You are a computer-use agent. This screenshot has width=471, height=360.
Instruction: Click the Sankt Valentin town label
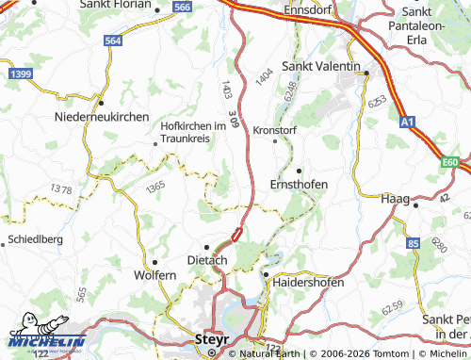pyautogui.click(x=321, y=67)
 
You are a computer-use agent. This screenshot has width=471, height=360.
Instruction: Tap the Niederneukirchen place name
pyautogui.click(x=103, y=115)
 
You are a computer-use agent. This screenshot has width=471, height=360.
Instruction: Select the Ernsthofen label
pyautogui.click(x=299, y=184)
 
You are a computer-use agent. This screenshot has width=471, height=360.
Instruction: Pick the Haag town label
pyautogui.click(x=394, y=200)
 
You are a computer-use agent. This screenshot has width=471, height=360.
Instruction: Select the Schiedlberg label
pyautogui.click(x=35, y=239)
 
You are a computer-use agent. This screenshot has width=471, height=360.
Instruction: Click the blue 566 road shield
pyautogui.click(x=183, y=7)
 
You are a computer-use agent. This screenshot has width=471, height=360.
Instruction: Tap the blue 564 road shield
pyautogui.click(x=113, y=41)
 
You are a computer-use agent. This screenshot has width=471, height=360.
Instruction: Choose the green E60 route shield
pyautogui.click(x=451, y=163)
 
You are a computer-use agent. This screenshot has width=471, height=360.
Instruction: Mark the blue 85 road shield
pyautogui.click(x=413, y=244)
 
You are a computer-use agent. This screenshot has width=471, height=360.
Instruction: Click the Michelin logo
pyautogui.click(x=46, y=341)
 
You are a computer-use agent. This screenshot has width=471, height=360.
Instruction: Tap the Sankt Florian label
pyautogui.click(x=122, y=8)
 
